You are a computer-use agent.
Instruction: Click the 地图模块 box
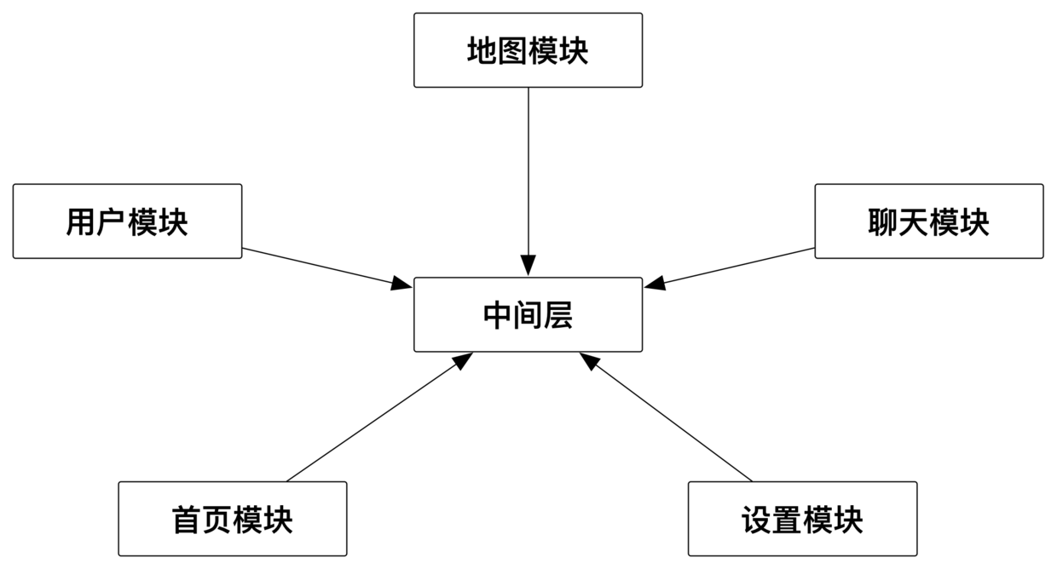coord(528,50)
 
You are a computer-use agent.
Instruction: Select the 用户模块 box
coord(127,221)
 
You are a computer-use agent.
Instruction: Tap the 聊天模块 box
coord(928,221)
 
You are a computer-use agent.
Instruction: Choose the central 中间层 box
coord(528,314)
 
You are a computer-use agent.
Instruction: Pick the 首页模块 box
coord(232,519)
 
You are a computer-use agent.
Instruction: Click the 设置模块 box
coord(802,519)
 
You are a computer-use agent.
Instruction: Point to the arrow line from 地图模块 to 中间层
coord(528,170)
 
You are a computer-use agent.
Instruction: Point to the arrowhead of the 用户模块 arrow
coord(402,284)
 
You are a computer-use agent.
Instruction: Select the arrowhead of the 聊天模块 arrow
coord(654,284)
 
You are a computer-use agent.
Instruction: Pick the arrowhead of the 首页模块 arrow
coord(463,360)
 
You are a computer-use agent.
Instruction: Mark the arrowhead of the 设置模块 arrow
coord(589,361)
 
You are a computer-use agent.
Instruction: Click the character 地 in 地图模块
coord(482,51)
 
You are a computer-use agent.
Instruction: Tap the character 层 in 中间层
coord(558,315)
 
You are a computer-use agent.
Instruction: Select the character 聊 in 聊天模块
coord(882,222)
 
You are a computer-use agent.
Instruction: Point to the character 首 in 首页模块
coord(186,520)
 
